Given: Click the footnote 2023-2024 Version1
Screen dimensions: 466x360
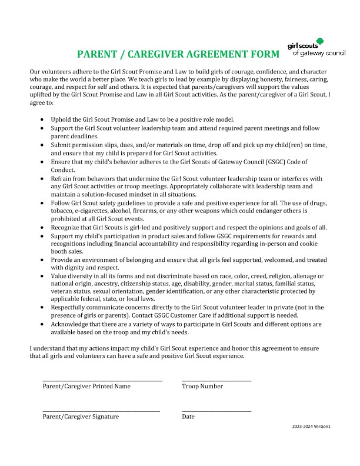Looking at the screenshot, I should click(311, 426).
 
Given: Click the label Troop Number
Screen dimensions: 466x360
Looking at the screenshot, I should click(202, 387).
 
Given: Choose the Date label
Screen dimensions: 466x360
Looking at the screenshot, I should click(188, 417).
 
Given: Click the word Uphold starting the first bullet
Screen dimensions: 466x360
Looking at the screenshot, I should click(61, 119).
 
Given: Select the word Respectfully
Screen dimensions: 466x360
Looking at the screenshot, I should click(71, 307).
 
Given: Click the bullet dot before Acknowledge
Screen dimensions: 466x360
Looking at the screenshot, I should click(42, 324).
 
